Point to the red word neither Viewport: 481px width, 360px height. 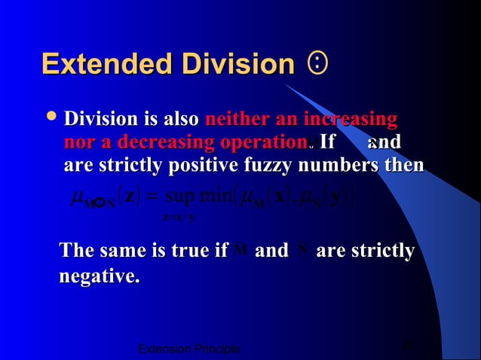233,120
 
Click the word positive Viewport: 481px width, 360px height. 201,166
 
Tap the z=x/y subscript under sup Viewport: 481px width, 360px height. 179,218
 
